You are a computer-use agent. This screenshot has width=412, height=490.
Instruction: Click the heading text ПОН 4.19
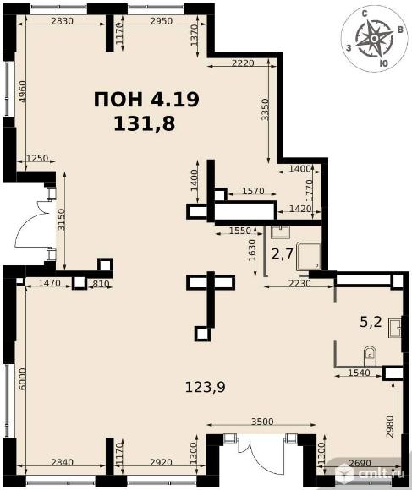coord(146,100)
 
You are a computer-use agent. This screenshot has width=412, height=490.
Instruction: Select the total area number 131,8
coord(144,123)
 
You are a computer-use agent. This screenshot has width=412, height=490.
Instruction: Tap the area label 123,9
coord(206,388)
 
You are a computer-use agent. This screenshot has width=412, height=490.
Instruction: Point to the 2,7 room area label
coord(283,253)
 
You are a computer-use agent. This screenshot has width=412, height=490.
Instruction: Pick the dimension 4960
coord(22,91)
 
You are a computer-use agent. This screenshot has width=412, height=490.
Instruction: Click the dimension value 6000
coord(22,378)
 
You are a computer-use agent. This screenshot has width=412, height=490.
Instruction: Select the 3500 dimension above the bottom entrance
coord(262,422)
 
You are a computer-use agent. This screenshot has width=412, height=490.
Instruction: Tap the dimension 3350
coord(265,109)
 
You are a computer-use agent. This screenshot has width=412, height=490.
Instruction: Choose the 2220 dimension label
coord(243,63)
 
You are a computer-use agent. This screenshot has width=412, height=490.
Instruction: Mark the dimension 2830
coord(62,21)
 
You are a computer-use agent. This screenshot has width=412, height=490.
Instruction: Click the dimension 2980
coord(389,427)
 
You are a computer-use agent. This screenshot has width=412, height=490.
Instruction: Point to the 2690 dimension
coord(360,463)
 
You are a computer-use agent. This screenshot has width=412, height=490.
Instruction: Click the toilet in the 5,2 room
coord(371,356)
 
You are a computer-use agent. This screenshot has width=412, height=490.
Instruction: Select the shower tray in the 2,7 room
coord(309,256)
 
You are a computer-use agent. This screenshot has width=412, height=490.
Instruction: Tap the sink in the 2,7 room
coord(280,231)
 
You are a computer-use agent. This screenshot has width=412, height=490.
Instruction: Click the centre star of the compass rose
coord(374,39)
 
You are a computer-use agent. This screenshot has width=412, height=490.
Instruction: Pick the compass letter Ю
coord(383,63)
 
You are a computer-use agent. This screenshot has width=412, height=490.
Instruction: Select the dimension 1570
coord(254,190)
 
